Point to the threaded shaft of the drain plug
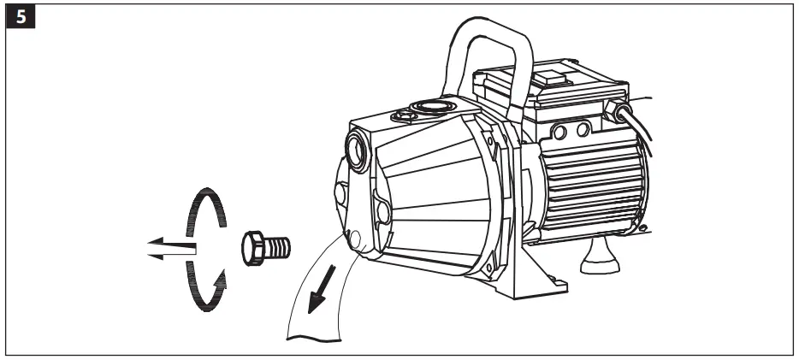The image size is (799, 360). click(280, 246)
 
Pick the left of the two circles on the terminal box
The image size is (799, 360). click(561, 129)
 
